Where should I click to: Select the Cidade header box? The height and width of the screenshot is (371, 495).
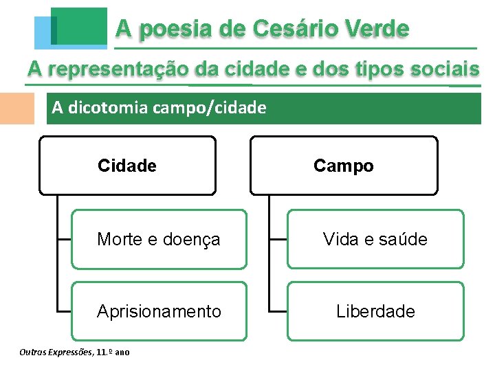(127, 166)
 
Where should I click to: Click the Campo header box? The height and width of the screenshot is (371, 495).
(344, 166)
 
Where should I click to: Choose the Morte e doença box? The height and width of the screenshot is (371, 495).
(159, 239)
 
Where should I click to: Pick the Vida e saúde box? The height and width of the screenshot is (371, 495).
(375, 239)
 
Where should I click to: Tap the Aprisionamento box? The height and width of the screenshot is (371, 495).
(159, 311)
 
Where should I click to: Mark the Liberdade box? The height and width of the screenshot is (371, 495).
(375, 311)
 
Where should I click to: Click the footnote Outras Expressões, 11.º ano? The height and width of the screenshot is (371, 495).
(75, 352)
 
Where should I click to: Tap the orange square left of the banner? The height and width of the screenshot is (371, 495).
(16, 108)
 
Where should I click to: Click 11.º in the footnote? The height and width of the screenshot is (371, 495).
(104, 352)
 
